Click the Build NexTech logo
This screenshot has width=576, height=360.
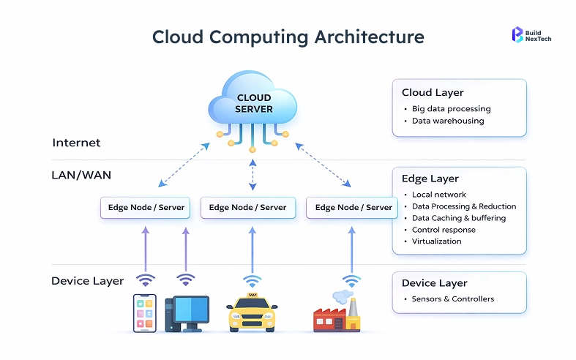pyautogui.click(x=531, y=34)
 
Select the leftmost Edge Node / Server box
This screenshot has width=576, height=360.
pyautogui.click(x=145, y=207)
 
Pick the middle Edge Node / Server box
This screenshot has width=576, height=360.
pyautogui.click(x=248, y=207)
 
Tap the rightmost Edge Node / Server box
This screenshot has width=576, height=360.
pyautogui.click(x=354, y=207)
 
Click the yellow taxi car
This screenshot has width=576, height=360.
pyautogui.click(x=253, y=312)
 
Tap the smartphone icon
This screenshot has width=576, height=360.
pyautogui.click(x=144, y=312)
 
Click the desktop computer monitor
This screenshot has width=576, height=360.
pyautogui.click(x=187, y=309)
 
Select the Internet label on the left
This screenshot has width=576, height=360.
pyautogui.click(x=76, y=143)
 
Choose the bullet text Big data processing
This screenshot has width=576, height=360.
pyautogui.click(x=451, y=108)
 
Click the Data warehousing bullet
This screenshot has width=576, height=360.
pyautogui.click(x=447, y=121)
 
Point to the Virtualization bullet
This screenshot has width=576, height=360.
pyautogui.click(x=436, y=241)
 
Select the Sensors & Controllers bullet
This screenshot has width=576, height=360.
pyautogui.click(x=452, y=299)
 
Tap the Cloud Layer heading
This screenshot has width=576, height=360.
pyautogui.click(x=433, y=93)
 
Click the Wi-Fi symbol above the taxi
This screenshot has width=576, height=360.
pyautogui.click(x=253, y=280)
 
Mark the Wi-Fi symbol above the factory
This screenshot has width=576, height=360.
pyautogui.click(x=352, y=280)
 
